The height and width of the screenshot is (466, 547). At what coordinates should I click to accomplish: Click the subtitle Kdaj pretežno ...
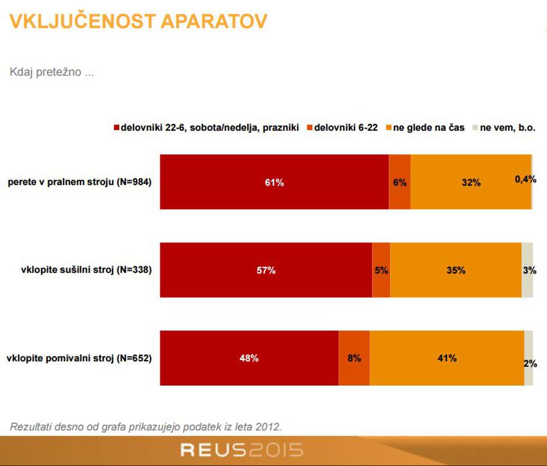click(52, 73)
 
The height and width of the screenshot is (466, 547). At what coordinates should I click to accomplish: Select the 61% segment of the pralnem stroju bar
click(274, 182)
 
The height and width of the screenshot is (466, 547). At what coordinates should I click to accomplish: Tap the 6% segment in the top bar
click(399, 182)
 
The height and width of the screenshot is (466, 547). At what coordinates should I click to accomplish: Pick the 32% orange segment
click(471, 182)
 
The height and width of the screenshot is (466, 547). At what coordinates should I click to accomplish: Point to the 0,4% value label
click(525, 180)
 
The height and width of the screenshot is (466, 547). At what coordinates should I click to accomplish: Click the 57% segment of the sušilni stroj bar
click(266, 270)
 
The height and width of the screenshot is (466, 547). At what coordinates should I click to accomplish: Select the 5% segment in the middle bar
click(381, 270)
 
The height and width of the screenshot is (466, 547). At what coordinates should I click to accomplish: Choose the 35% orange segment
click(456, 270)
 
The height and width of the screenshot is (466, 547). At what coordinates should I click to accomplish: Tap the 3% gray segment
click(527, 270)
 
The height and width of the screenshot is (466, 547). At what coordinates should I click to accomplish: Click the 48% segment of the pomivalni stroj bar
click(249, 358)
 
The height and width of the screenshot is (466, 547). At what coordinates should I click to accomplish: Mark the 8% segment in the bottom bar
click(354, 358)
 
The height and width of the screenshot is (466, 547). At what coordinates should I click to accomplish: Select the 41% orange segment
click(447, 358)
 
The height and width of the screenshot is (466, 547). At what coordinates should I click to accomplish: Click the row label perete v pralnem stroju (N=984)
click(80, 182)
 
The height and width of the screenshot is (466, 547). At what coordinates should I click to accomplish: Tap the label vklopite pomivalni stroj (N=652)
click(79, 358)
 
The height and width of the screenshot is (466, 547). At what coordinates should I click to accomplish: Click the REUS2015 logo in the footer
click(241, 450)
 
